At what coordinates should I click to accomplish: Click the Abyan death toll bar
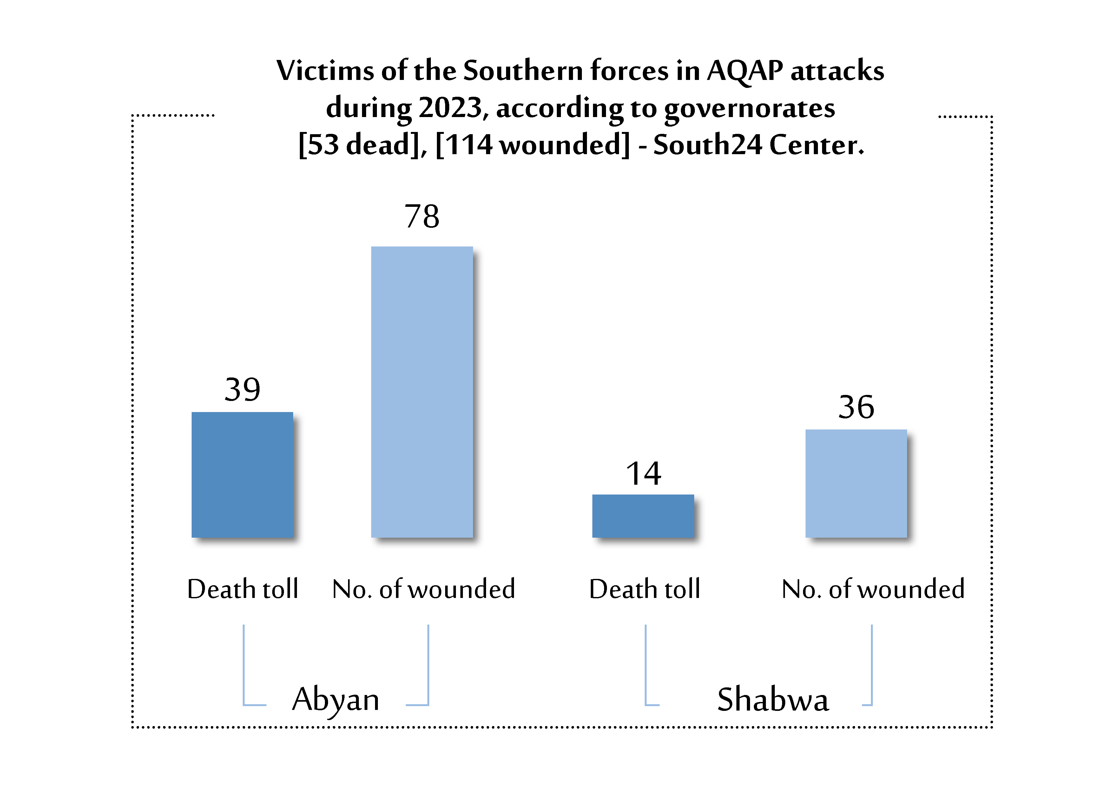(x=242, y=475)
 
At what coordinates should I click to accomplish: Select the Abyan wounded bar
(x=422, y=392)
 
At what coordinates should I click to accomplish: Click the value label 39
(x=242, y=389)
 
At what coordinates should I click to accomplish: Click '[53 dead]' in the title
(x=361, y=144)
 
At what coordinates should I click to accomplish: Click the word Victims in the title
(x=325, y=71)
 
